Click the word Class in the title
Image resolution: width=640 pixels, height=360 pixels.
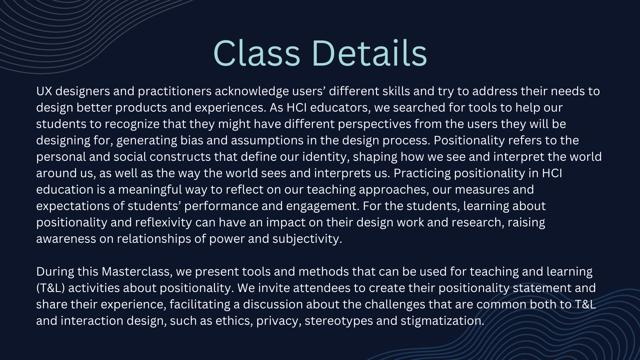tap(256, 53)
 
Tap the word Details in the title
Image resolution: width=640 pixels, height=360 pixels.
tap(370, 53)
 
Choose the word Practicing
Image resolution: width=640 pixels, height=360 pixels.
tap(422, 174)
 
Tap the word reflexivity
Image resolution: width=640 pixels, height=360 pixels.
tap(164, 223)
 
